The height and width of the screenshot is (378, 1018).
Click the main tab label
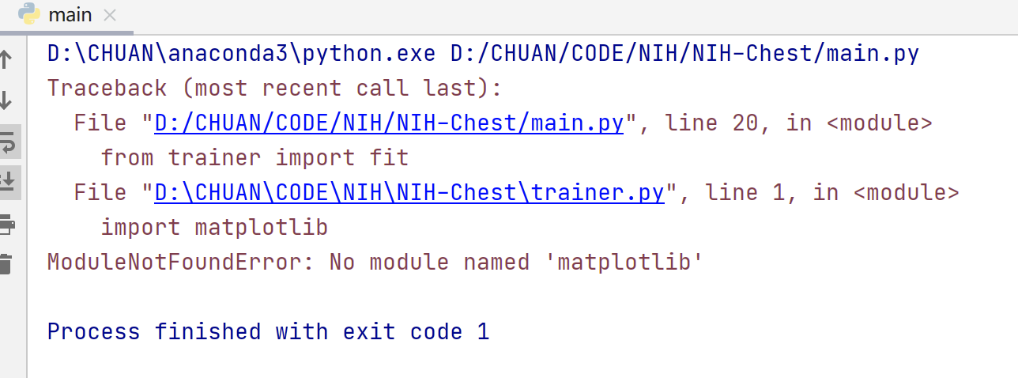(70, 14)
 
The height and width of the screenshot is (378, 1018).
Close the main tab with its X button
(110, 15)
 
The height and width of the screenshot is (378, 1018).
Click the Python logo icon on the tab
(30, 13)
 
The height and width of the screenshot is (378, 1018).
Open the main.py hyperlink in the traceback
(389, 123)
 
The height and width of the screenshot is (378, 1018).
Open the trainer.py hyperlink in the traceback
(409, 193)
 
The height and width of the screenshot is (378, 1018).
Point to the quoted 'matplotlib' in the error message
(624, 262)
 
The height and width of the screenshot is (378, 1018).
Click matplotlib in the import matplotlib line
(261, 228)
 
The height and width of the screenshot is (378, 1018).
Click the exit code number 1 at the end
(482, 331)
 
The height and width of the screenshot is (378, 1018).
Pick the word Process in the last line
(94, 331)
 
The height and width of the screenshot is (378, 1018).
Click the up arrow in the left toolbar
(6, 59)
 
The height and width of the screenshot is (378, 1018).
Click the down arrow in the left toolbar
(6, 101)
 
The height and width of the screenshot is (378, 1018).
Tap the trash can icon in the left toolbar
(6, 264)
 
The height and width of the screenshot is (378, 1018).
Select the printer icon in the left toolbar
(6, 225)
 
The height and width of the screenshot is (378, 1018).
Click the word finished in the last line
(208, 331)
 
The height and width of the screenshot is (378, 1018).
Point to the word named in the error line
(496, 262)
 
